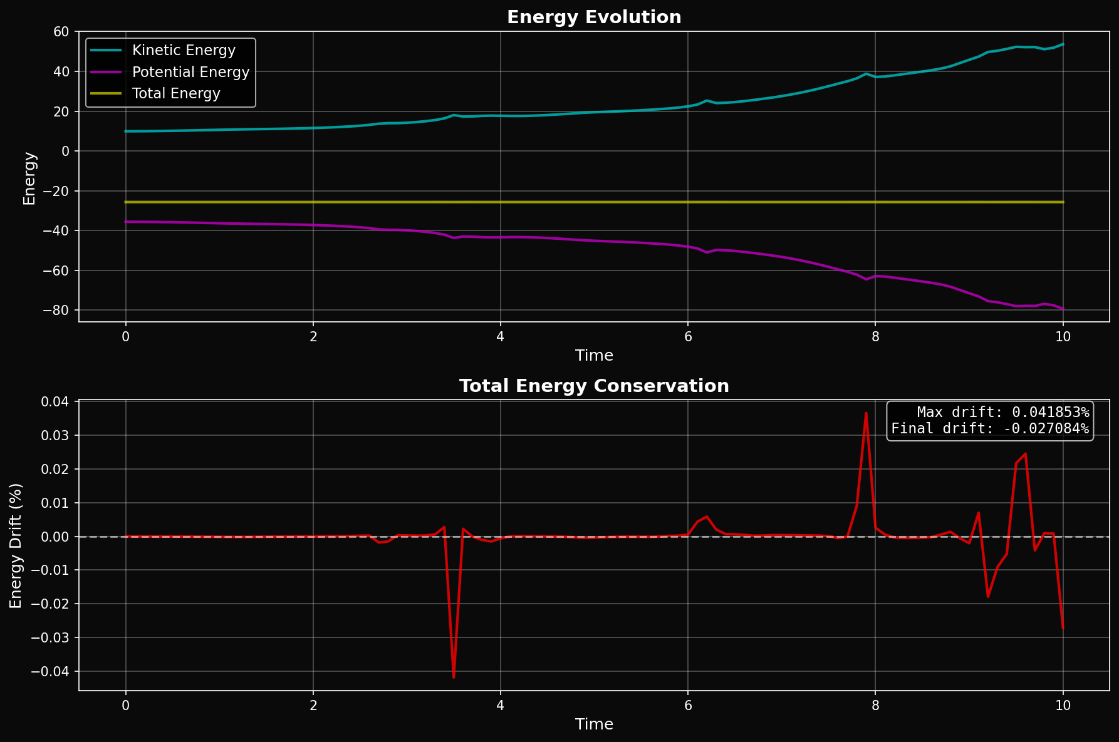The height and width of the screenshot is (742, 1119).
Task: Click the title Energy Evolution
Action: pos(593,17)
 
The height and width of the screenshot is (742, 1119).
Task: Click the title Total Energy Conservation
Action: pos(593,386)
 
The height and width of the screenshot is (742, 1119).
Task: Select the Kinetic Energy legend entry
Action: pos(184,51)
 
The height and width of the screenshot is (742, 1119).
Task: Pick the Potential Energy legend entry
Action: pos(190,72)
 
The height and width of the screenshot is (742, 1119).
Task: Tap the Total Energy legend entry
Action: pos(176,94)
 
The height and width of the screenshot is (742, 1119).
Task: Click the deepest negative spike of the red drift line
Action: pos(454,677)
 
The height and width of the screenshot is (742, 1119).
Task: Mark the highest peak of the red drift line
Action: pos(866,413)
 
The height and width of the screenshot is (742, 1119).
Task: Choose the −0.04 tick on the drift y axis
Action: pos(53,671)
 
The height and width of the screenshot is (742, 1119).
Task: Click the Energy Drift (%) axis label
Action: pos(16,545)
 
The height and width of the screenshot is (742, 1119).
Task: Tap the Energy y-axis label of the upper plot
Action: pos(29,178)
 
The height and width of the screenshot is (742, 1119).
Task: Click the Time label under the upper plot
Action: pos(593,356)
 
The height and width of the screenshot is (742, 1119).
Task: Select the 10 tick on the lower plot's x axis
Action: pos(1063,706)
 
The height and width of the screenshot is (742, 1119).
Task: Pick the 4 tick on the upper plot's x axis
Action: pos(500,337)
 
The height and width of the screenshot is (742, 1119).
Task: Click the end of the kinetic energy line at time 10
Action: pos(1063,44)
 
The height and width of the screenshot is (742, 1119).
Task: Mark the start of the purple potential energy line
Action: pos(126,222)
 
